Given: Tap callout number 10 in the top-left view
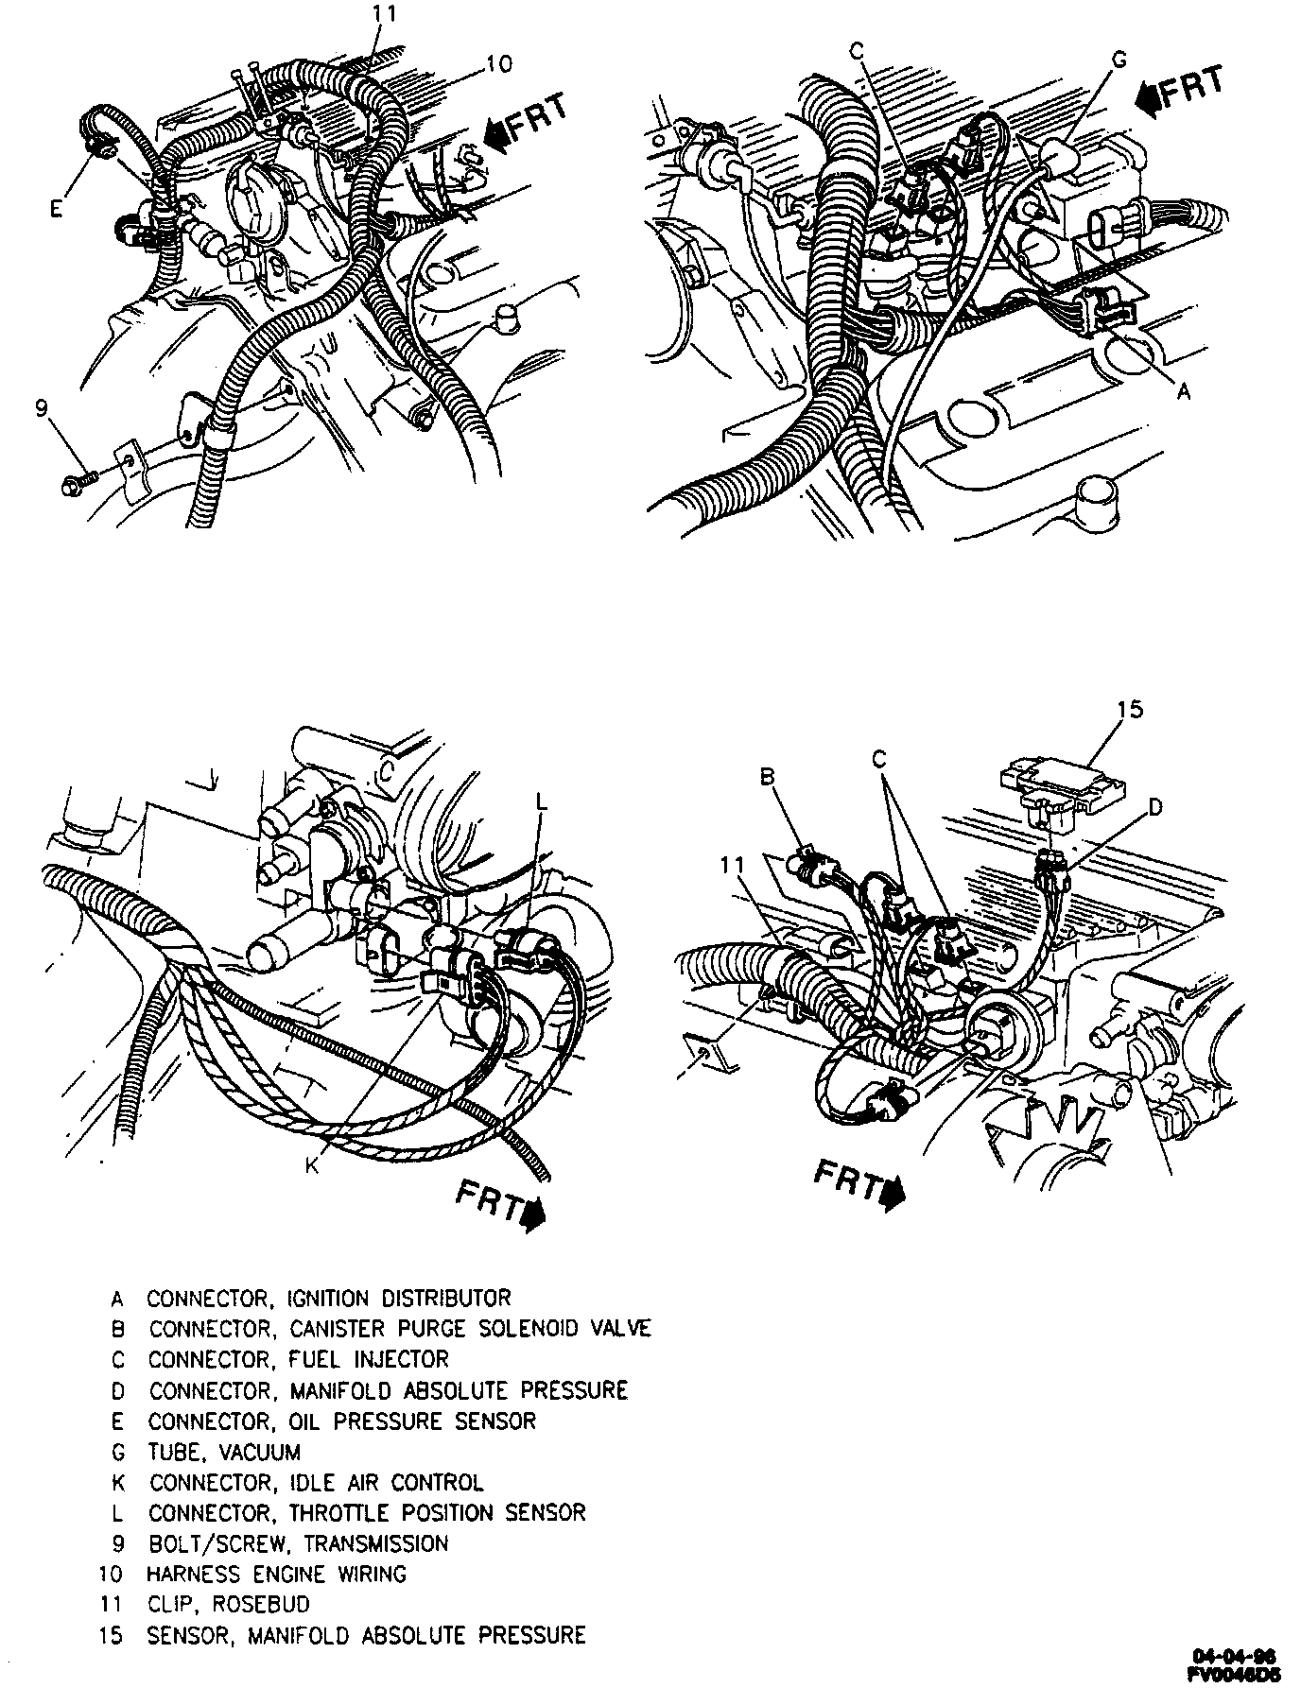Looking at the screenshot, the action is click(x=498, y=63).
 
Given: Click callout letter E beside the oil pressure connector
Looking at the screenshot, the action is click(x=56, y=209).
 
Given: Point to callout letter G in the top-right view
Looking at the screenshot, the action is click(x=1119, y=60).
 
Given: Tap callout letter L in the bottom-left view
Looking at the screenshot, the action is click(x=541, y=801).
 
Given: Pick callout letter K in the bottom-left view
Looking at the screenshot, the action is click(x=311, y=1166).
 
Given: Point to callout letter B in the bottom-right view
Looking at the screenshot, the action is click(x=767, y=777).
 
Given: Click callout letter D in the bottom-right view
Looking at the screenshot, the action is click(x=1154, y=806).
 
